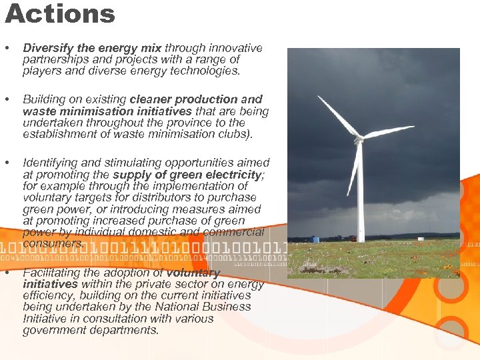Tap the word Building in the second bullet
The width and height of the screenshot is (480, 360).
pos(44,99)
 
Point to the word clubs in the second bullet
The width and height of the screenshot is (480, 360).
pos(233,134)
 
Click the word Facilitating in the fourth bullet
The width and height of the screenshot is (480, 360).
pos(52,273)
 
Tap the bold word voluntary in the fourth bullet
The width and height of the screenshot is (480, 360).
pos(193,273)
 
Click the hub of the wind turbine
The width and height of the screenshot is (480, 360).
pos(359,139)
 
